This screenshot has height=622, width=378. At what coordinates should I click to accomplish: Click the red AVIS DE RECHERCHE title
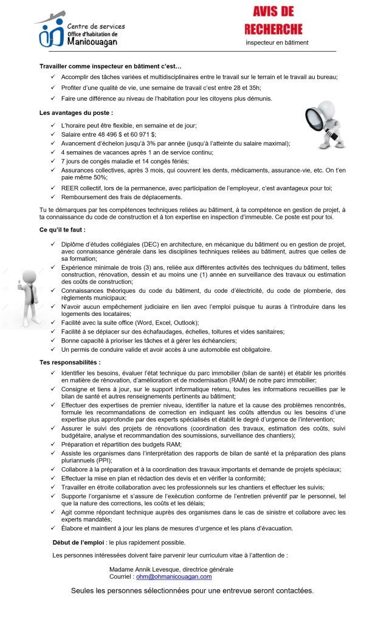(x=273, y=20)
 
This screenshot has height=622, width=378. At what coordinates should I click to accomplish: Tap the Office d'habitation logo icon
(x=51, y=32)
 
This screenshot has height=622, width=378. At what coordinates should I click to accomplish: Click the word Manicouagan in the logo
(x=92, y=42)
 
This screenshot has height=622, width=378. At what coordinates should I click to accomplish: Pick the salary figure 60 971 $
(x=142, y=134)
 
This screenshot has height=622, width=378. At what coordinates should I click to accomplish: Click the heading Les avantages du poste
(x=76, y=113)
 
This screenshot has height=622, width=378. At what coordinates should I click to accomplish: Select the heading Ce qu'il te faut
(x=63, y=230)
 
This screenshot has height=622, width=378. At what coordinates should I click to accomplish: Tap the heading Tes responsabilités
(x=69, y=362)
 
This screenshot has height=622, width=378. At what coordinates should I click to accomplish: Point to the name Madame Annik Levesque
(x=148, y=569)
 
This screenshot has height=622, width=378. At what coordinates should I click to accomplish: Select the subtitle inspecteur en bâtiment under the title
(x=277, y=43)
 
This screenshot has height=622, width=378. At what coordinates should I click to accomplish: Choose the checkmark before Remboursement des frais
(x=55, y=197)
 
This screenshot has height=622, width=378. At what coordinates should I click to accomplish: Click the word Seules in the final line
(x=83, y=590)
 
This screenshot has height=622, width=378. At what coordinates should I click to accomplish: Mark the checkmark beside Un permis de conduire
(x=55, y=349)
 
